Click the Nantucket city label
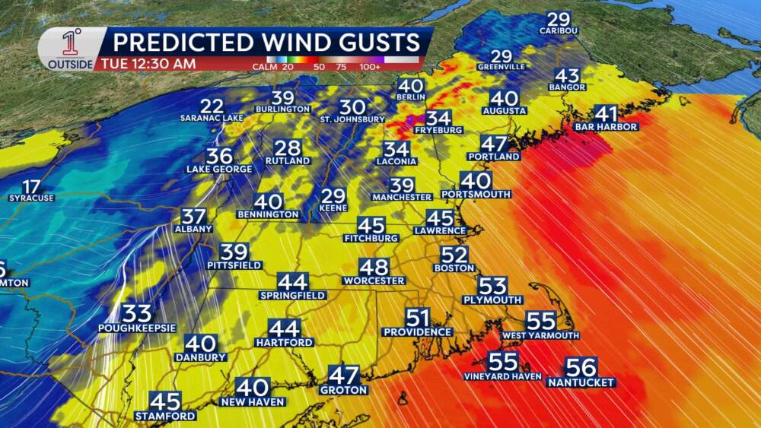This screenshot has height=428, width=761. click(581, 382)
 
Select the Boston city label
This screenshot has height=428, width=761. click(454, 268)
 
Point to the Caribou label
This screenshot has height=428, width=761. click(559, 31)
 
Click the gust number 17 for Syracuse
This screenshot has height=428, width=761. click(31, 186)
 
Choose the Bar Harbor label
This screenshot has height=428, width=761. click(607, 127)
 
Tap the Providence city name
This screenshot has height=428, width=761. click(417, 331)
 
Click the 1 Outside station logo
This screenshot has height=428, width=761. click(71, 49)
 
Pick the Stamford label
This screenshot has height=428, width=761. click(165, 416)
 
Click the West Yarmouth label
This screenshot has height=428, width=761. click(540, 335)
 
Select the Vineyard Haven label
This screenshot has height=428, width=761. click(502, 376)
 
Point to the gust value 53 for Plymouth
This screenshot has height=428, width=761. click(492, 286)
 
